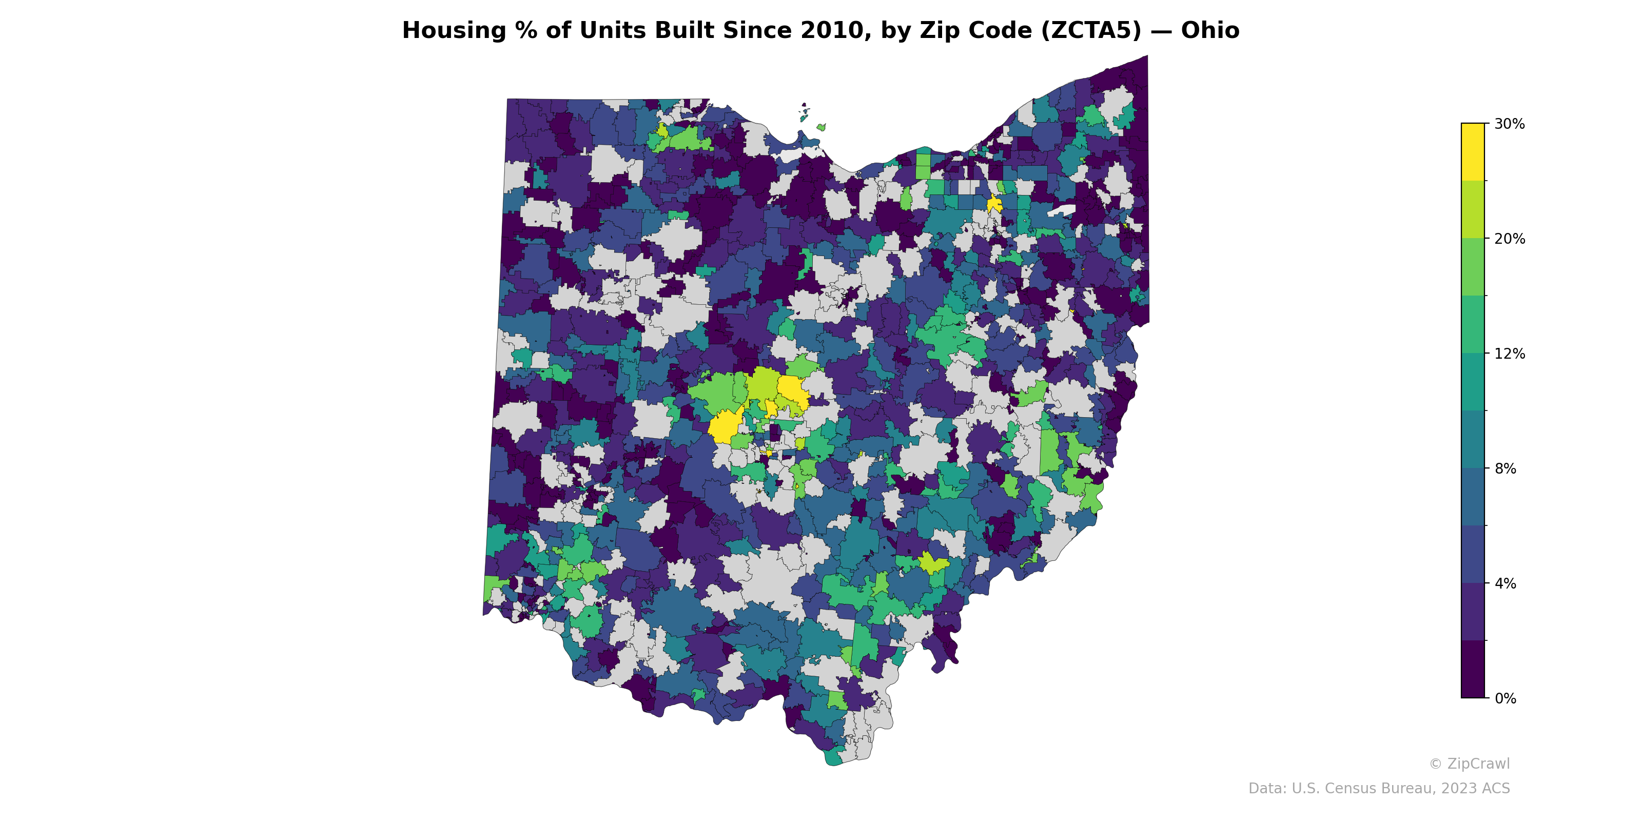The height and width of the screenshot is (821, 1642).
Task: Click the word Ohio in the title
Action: tap(1210, 31)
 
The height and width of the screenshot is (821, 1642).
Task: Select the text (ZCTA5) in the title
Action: tap(1090, 31)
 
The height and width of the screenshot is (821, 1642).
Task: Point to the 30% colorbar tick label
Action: tap(1510, 124)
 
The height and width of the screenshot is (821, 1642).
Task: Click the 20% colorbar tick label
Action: tap(1510, 239)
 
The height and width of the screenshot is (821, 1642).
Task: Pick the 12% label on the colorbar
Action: tap(1510, 354)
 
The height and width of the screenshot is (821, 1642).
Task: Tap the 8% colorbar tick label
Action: tap(1505, 468)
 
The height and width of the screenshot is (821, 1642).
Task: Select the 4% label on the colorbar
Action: tap(1505, 583)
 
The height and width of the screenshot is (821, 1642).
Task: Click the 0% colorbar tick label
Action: tap(1505, 698)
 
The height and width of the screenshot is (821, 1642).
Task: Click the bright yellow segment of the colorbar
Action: tap(1473, 152)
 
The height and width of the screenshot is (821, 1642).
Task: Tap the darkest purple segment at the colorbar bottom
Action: tap(1473, 669)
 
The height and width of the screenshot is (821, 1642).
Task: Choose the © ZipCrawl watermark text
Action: tap(1469, 764)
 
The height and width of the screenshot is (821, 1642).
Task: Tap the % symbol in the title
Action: tap(526, 31)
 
